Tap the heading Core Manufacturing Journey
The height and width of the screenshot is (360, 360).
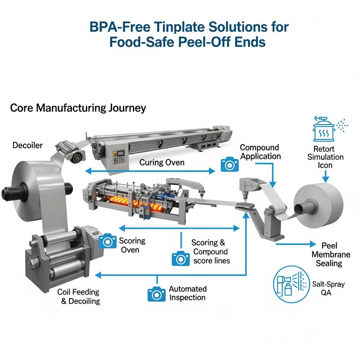point(78,108)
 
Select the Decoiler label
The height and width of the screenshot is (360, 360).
point(27,145)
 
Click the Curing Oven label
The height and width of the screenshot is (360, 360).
point(162,162)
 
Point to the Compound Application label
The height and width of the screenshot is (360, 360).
point(261,152)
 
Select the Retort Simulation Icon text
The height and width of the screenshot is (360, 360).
point(325,157)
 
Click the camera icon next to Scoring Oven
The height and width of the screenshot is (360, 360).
point(108,241)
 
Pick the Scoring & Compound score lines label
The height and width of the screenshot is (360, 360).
point(210,252)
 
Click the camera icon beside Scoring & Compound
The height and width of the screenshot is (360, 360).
point(181,258)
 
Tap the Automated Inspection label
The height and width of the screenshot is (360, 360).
point(187,293)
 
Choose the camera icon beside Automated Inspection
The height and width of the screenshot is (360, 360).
point(156,294)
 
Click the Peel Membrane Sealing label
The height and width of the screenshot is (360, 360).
point(331,254)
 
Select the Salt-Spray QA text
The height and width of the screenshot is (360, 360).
point(328,288)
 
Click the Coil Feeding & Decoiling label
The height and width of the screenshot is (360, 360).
point(78,296)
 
